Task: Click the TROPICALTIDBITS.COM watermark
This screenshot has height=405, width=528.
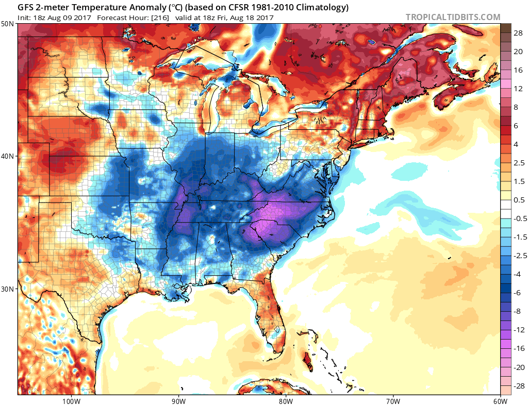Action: pyautogui.click(x=453, y=17)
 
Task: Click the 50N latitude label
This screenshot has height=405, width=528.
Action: pyautogui.click(x=8, y=24)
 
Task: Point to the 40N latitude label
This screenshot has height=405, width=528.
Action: pyautogui.click(x=8, y=156)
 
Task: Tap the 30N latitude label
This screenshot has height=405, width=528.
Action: pyautogui.click(x=8, y=289)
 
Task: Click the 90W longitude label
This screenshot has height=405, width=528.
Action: pyautogui.click(x=178, y=400)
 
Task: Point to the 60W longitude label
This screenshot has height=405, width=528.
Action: pyautogui.click(x=500, y=400)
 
